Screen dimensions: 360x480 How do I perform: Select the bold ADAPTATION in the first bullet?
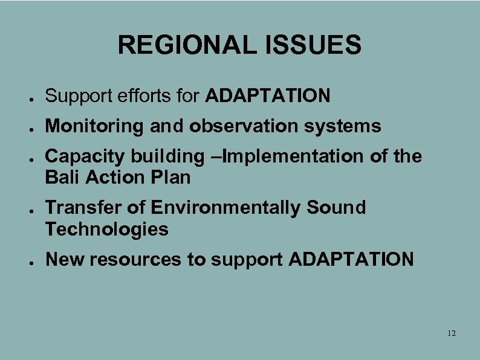click(x=268, y=95)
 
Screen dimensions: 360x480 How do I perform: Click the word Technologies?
click(x=106, y=229)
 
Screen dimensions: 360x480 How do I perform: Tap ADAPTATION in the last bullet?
click(x=351, y=260)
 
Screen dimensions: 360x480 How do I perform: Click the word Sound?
click(x=336, y=208)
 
